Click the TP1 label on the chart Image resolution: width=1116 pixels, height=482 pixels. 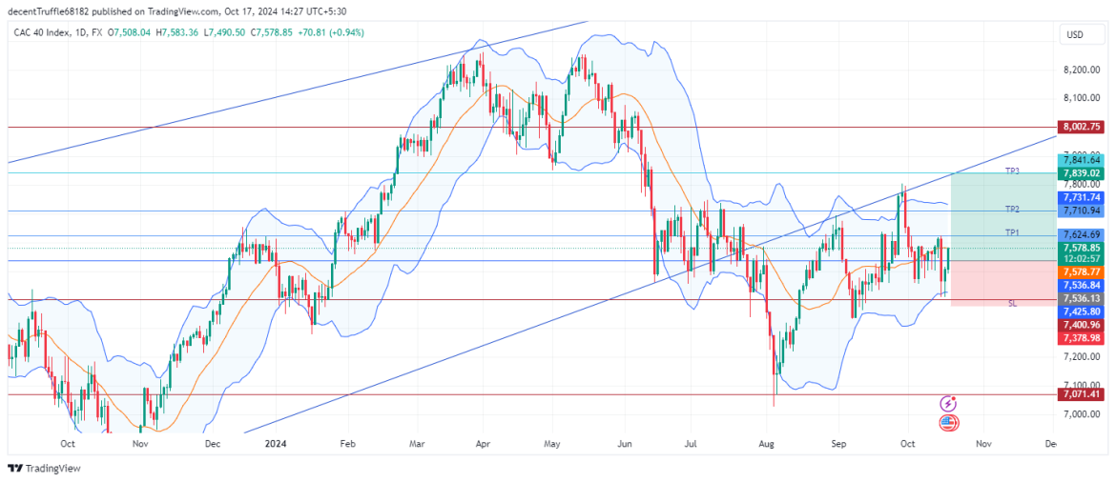click(x=1012, y=232)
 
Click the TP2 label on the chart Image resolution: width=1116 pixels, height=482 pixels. click(x=1012, y=208)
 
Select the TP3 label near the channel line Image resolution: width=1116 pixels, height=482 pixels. click(x=1012, y=171)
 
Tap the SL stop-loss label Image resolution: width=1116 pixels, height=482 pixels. click(x=1012, y=303)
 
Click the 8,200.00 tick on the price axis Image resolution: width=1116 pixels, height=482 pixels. click(x=1081, y=70)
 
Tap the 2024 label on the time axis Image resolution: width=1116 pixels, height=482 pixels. click(x=276, y=444)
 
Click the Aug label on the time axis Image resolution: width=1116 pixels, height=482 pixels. click(x=765, y=444)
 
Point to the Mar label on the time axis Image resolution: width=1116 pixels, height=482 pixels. click(x=418, y=444)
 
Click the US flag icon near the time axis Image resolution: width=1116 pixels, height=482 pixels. click(x=948, y=423)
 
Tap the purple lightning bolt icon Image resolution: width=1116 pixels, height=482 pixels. click(x=948, y=404)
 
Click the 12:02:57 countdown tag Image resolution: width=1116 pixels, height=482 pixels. click(x=1082, y=259)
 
